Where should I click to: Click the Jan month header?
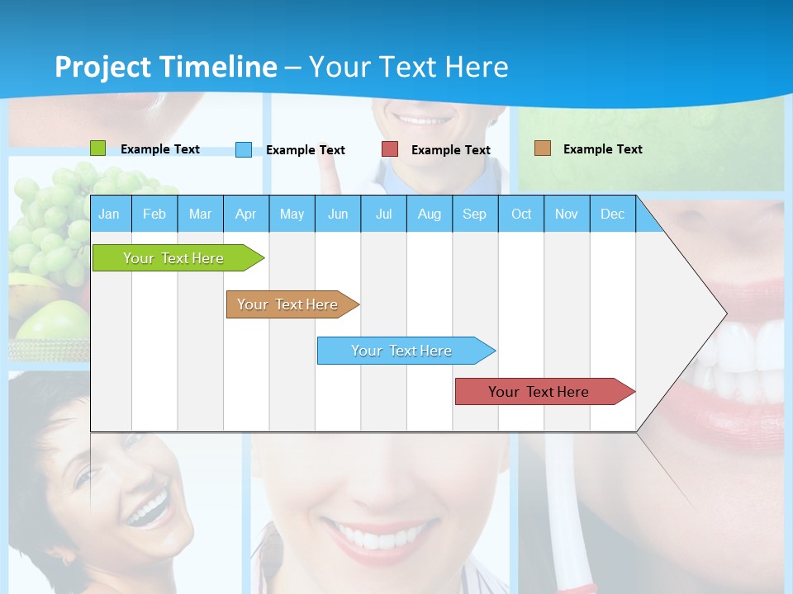tap(110, 214)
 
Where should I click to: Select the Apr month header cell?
tap(245, 214)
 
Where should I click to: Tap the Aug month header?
tap(429, 214)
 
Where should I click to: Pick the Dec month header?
tap(612, 214)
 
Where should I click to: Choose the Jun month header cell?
tap(337, 214)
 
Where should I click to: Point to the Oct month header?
tap(520, 214)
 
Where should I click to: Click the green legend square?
tap(97, 148)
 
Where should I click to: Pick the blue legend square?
tap(243, 149)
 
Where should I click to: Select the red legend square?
tap(389, 149)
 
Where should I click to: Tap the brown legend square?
tap(542, 148)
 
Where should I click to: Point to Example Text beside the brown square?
tap(602, 149)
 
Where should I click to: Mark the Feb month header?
tap(154, 214)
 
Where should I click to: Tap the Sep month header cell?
tap(474, 214)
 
